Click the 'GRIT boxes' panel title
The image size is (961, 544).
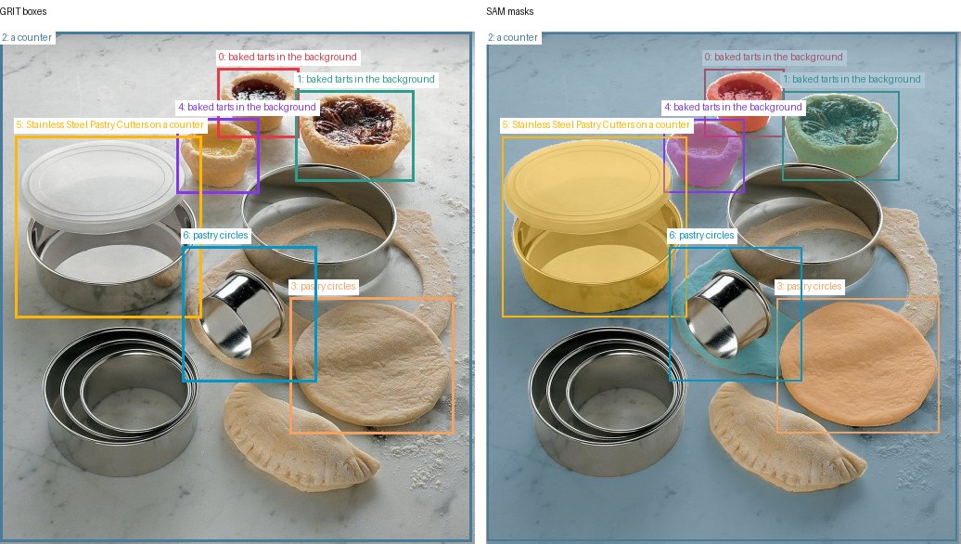pyautogui.click(x=23, y=12)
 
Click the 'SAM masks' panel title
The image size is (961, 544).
pyautogui.click(x=510, y=12)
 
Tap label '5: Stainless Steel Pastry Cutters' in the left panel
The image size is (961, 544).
pyautogui.click(x=109, y=124)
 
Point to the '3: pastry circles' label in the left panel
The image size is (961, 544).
pyautogui.click(x=323, y=287)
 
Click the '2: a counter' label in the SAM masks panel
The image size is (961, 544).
pyautogui.click(x=513, y=37)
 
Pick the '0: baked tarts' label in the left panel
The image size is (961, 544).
pyautogui.click(x=288, y=57)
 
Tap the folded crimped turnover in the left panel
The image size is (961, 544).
pyautogui.click(x=298, y=436)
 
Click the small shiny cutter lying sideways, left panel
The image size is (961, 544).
pyautogui.click(x=243, y=314)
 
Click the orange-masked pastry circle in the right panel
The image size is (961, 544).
pyautogui.click(x=858, y=364)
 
